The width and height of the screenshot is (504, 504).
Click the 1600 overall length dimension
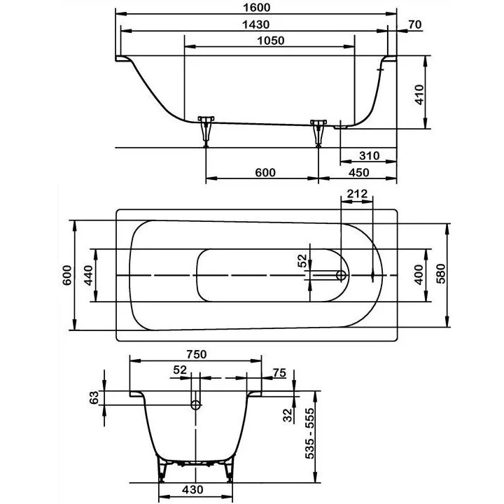(256, 8)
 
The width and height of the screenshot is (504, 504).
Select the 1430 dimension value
(256, 24)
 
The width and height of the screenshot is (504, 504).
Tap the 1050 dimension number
(271, 41)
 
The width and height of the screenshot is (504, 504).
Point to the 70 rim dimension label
(415, 24)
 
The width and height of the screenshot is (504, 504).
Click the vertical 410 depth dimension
(419, 94)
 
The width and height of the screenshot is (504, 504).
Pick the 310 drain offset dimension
(370, 156)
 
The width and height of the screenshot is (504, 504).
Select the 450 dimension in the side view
(358, 173)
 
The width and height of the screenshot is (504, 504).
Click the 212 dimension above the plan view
(357, 194)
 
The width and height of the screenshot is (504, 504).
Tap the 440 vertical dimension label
(88, 275)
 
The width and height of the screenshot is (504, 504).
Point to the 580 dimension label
(441, 274)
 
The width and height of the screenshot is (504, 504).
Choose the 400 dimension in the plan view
(419, 274)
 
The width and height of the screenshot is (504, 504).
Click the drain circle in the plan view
(341, 275)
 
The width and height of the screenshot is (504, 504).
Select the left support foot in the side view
(206, 131)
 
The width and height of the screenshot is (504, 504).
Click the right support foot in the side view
(318, 132)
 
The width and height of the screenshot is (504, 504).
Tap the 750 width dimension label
(196, 354)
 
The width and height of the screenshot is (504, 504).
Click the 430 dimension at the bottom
(192, 489)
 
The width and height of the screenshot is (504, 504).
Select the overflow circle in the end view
(196, 405)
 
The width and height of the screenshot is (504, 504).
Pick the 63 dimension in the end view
(94, 398)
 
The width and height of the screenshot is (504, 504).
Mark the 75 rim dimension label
(279, 373)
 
